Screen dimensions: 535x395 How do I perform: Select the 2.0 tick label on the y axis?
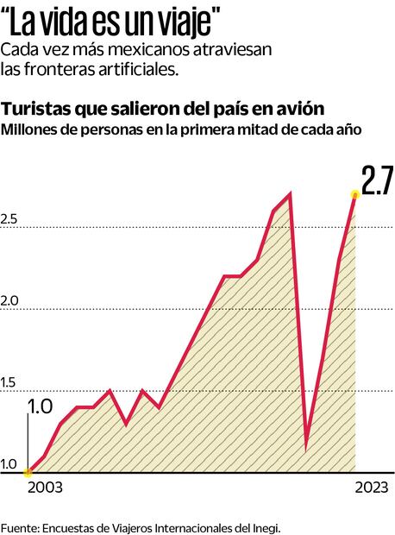(x=9, y=302)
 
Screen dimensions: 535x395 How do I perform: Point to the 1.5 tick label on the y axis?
(x=9, y=383)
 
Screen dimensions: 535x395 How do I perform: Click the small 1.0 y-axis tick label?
(x=9, y=465)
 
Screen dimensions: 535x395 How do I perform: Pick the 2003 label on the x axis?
(x=45, y=488)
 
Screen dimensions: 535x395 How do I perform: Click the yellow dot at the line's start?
(x=28, y=472)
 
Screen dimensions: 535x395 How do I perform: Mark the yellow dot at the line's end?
(x=354, y=194)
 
